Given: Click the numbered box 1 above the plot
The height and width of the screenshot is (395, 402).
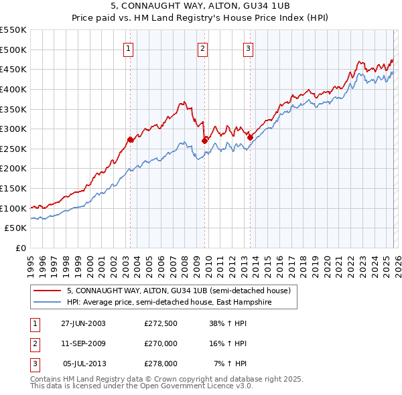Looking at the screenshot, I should click(x=128, y=48).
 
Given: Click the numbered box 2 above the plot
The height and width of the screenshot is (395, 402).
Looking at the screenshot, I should click(x=202, y=48).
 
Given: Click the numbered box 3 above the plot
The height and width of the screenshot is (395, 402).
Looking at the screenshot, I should click(x=248, y=48).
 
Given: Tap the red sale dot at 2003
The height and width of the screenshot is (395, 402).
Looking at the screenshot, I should click(x=130, y=139).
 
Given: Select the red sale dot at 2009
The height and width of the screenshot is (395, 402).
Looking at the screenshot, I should click(x=204, y=141).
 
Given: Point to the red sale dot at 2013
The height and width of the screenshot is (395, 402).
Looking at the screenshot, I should click(x=249, y=137).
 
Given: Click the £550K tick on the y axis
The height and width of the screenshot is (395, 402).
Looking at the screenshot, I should click(x=13, y=30).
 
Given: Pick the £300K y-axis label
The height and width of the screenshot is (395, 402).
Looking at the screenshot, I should click(x=13, y=129).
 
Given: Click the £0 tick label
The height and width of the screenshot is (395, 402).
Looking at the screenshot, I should click(x=21, y=248).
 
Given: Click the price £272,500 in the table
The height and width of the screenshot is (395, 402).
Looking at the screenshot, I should click(x=161, y=323).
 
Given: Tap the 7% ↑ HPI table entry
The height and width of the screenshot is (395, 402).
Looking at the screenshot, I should click(x=230, y=364).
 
